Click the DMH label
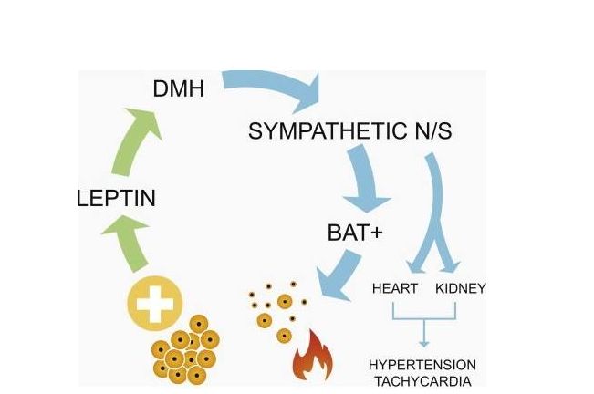coord(178,88)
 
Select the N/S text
coord(428,131)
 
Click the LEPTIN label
coord(116,198)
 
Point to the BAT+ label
coord(355,233)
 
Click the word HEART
coord(395,288)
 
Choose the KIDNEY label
coord(461,288)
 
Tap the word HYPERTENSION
coord(423,365)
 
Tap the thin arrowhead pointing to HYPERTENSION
coord(423,343)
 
